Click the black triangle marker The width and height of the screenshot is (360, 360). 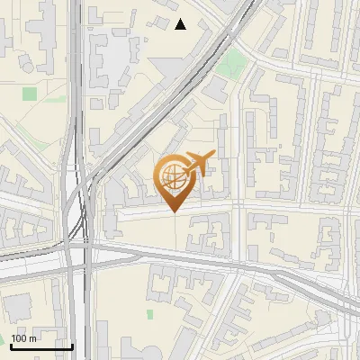(x=181, y=24)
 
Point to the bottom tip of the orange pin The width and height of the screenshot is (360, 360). (x=173, y=212)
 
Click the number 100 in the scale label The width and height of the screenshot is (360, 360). (x=19, y=338)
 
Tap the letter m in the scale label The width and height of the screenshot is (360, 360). (x=32, y=338)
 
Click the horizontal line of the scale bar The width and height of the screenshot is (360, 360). (x=40, y=346)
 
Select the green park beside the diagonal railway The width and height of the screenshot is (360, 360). (x=234, y=63)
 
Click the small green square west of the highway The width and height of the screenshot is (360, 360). (x=30, y=94)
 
